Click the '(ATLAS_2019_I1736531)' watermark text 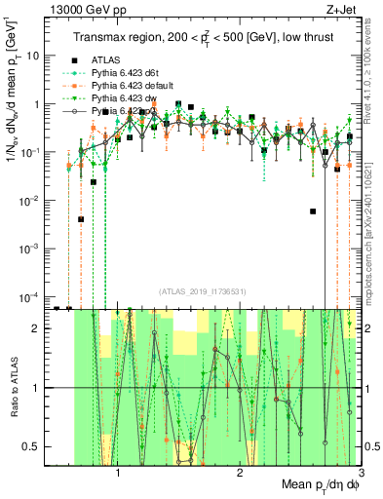[202, 290]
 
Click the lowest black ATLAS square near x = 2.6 [313, 211]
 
